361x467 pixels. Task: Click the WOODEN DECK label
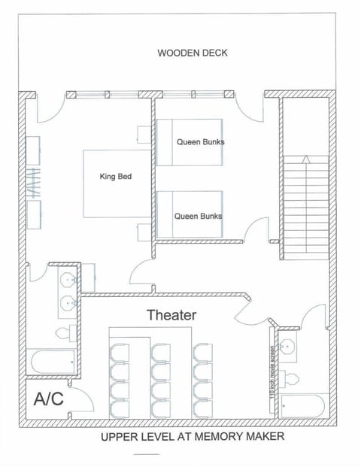(x=192, y=53)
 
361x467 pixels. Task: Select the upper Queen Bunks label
(x=200, y=141)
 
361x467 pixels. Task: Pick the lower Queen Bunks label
(x=198, y=215)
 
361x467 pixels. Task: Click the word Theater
(x=171, y=315)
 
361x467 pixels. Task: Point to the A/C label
(x=48, y=399)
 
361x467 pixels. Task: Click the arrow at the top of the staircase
(x=305, y=159)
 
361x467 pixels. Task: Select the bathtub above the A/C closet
(x=51, y=362)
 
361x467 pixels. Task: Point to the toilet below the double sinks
(x=64, y=332)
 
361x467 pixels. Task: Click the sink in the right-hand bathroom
(x=287, y=347)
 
